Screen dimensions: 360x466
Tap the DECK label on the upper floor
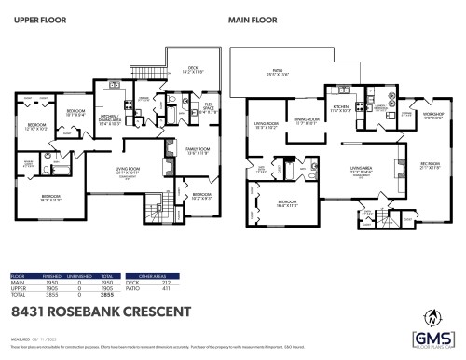coord(192,68)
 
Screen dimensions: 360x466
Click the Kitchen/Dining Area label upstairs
coord(115,117)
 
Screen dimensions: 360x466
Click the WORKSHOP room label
coord(433,117)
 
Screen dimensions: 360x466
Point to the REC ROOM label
coord(430,164)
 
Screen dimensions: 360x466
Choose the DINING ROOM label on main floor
coord(308,120)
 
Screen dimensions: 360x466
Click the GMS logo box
coord(432,337)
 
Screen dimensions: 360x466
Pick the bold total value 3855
coord(108,294)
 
